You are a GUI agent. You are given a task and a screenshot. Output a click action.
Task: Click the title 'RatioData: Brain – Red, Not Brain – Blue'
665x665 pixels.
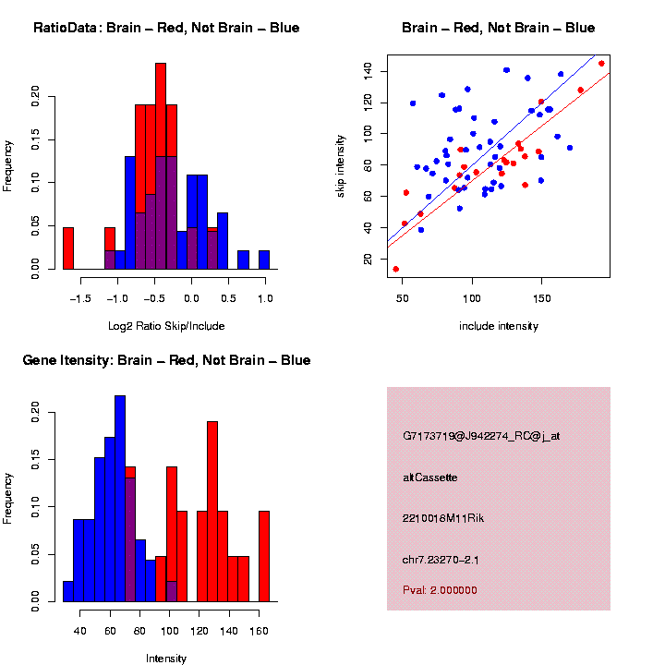166,28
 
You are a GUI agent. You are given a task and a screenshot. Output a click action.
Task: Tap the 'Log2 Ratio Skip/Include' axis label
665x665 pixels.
166,325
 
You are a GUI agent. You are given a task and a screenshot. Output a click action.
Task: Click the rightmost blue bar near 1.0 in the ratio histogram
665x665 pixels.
264,260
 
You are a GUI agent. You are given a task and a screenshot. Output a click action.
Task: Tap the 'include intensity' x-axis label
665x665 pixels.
499,325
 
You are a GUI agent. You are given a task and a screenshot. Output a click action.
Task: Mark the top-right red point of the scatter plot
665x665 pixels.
601,64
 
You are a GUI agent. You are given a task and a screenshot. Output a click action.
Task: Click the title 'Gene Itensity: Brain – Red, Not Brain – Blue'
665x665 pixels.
166,360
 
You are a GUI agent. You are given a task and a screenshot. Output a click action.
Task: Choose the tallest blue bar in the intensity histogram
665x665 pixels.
120,499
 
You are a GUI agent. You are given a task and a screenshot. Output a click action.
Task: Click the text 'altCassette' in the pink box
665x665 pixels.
430,478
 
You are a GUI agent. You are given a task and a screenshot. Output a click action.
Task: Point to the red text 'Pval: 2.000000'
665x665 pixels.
440,589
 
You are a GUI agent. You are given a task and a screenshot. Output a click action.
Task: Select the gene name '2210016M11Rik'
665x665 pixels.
443,518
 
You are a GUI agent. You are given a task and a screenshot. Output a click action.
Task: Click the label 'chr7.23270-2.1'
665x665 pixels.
442,559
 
